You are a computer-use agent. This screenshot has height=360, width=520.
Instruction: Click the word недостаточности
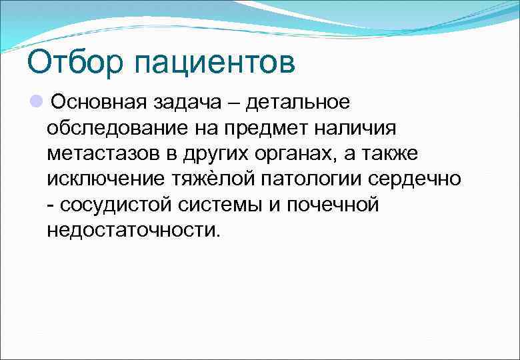[133, 231]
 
